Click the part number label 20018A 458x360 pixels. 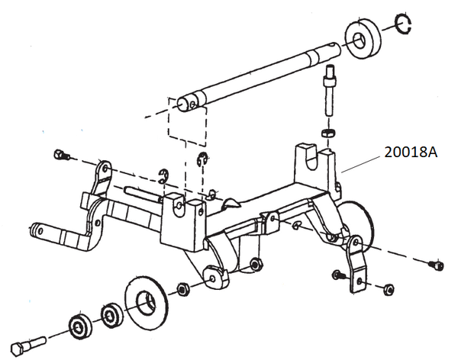click(x=410, y=153)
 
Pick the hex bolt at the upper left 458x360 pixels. click(x=61, y=156)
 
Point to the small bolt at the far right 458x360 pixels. click(x=437, y=265)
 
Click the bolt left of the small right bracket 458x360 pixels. click(x=337, y=274)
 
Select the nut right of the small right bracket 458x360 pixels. click(x=387, y=288)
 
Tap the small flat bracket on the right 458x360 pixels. click(x=356, y=263)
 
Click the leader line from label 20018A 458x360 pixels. click(x=363, y=162)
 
